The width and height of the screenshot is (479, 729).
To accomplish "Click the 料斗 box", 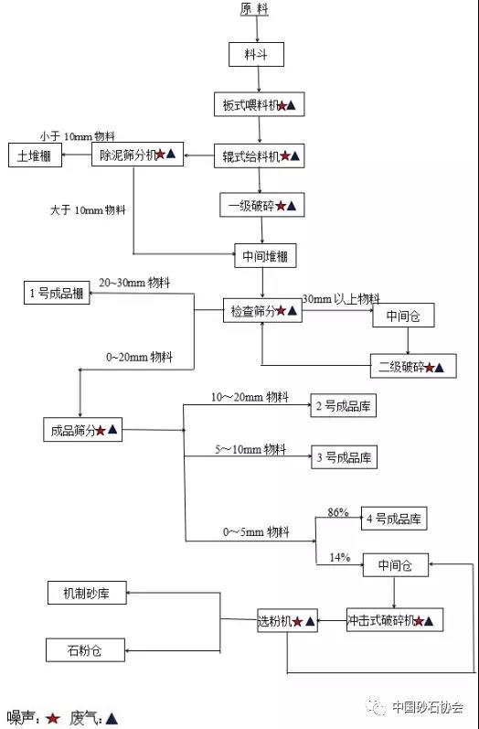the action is pos(256,54).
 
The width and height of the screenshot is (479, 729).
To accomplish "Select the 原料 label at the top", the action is pos(254,9).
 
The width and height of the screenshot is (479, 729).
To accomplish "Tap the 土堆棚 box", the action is pos(35,155).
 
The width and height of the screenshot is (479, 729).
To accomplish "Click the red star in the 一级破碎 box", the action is pos(281,206).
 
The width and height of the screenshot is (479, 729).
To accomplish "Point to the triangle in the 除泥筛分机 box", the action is pos(171,154).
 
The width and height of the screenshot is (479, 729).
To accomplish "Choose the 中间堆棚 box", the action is pos(265,256).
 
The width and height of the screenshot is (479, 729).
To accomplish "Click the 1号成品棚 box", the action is pos(57,293).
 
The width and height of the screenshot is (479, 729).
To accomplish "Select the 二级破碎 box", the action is pos(413,366).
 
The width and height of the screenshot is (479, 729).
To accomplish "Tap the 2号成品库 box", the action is pos(344,406).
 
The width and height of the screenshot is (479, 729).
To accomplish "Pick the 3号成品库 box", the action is pos(344,457).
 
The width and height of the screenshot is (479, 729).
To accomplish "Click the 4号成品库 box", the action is pos(394,519).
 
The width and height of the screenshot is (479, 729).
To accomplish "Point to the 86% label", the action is pos(337,512).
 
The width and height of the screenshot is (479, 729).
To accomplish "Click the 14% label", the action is pos(340,557).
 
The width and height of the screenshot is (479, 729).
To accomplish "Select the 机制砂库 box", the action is pos(87,593).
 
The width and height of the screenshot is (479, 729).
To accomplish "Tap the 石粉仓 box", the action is pos(86,650).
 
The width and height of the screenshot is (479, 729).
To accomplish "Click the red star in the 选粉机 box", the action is pos(298,621).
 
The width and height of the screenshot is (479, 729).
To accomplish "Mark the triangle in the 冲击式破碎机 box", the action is pos(429,621).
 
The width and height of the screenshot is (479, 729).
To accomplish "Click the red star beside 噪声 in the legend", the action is pos(52,718).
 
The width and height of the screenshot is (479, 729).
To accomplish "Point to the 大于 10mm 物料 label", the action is pos(88,210).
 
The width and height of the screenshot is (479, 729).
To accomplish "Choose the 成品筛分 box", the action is pos(82,430).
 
